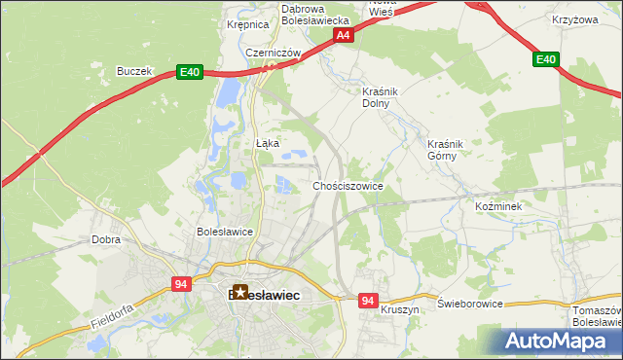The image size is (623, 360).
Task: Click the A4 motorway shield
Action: coord(343,35)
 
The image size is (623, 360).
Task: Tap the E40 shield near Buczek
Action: coord(189,72)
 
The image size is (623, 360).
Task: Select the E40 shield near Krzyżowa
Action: coord(546,60)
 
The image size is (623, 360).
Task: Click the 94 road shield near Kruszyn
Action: coord(367,302)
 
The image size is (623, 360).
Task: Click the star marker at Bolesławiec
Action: coord(240,291)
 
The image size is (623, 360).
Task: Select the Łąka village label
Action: coord(268,143)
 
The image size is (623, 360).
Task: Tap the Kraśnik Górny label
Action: coord(449,150)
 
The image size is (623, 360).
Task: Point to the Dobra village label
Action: coord(105,238)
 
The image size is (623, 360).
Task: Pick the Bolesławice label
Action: coord(225,233)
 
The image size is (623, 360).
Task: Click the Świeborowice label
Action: coord(470,304)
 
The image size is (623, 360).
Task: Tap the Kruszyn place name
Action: coord(400,308)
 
